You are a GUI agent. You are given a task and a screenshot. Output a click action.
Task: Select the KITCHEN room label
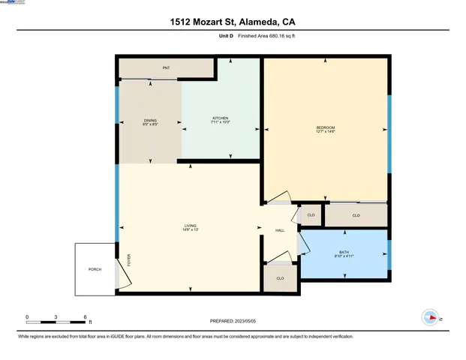220,120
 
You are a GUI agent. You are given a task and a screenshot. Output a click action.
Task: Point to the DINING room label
150,121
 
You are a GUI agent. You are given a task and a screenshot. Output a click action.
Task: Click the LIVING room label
190,227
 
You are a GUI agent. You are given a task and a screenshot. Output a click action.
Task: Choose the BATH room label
344,253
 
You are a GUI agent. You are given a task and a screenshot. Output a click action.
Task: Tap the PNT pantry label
166,68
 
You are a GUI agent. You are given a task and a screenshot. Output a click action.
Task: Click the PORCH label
95,268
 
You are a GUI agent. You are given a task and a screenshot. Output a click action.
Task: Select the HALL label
280,230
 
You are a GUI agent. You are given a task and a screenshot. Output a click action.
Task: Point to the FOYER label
128,261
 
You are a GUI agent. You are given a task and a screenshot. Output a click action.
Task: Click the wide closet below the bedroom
356,216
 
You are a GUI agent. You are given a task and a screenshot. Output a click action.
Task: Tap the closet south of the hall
280,278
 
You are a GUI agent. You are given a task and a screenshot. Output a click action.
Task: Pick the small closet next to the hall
311,216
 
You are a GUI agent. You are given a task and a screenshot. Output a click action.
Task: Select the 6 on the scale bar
85,316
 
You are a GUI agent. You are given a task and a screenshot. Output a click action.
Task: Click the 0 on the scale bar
27,316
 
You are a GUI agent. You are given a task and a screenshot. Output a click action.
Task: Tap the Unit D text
225,35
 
